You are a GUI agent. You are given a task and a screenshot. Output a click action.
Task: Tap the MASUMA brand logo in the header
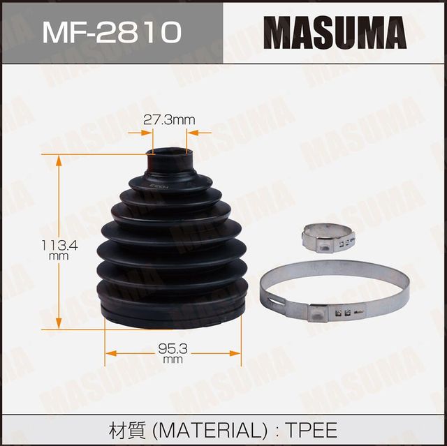pos(335,31)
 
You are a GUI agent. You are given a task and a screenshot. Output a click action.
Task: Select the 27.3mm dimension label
pos(168,120)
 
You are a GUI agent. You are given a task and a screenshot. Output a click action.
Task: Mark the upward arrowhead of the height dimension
pos(59,159)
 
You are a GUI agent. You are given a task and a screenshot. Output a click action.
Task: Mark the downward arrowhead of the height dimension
pos(59,324)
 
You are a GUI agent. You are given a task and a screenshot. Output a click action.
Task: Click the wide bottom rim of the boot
pos(172,314)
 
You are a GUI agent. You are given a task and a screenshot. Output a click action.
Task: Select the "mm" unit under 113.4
pos(59,256)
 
